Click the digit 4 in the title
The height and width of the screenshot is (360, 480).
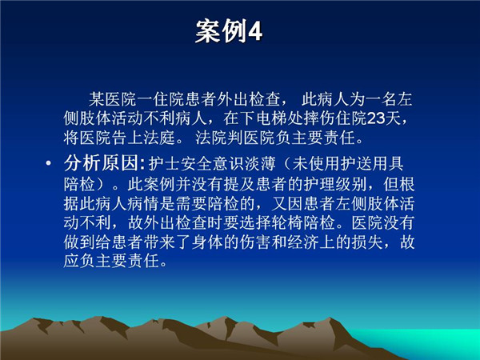pyautogui.click(x=254, y=31)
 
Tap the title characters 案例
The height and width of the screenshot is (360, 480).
pyautogui.click(x=221, y=31)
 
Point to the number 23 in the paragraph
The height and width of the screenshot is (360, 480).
pyautogui.click(x=376, y=118)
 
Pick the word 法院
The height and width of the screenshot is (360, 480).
pyautogui.click(x=211, y=138)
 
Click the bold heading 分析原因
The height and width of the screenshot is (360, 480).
pyautogui.click(x=102, y=163)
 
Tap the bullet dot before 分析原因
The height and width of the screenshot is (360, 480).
pyautogui.click(x=48, y=163)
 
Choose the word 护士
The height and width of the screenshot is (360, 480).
pyautogui.click(x=164, y=164)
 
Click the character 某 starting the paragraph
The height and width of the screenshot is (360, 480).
pyautogui.click(x=97, y=99)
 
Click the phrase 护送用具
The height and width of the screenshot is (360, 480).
pyautogui.click(x=372, y=164)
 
